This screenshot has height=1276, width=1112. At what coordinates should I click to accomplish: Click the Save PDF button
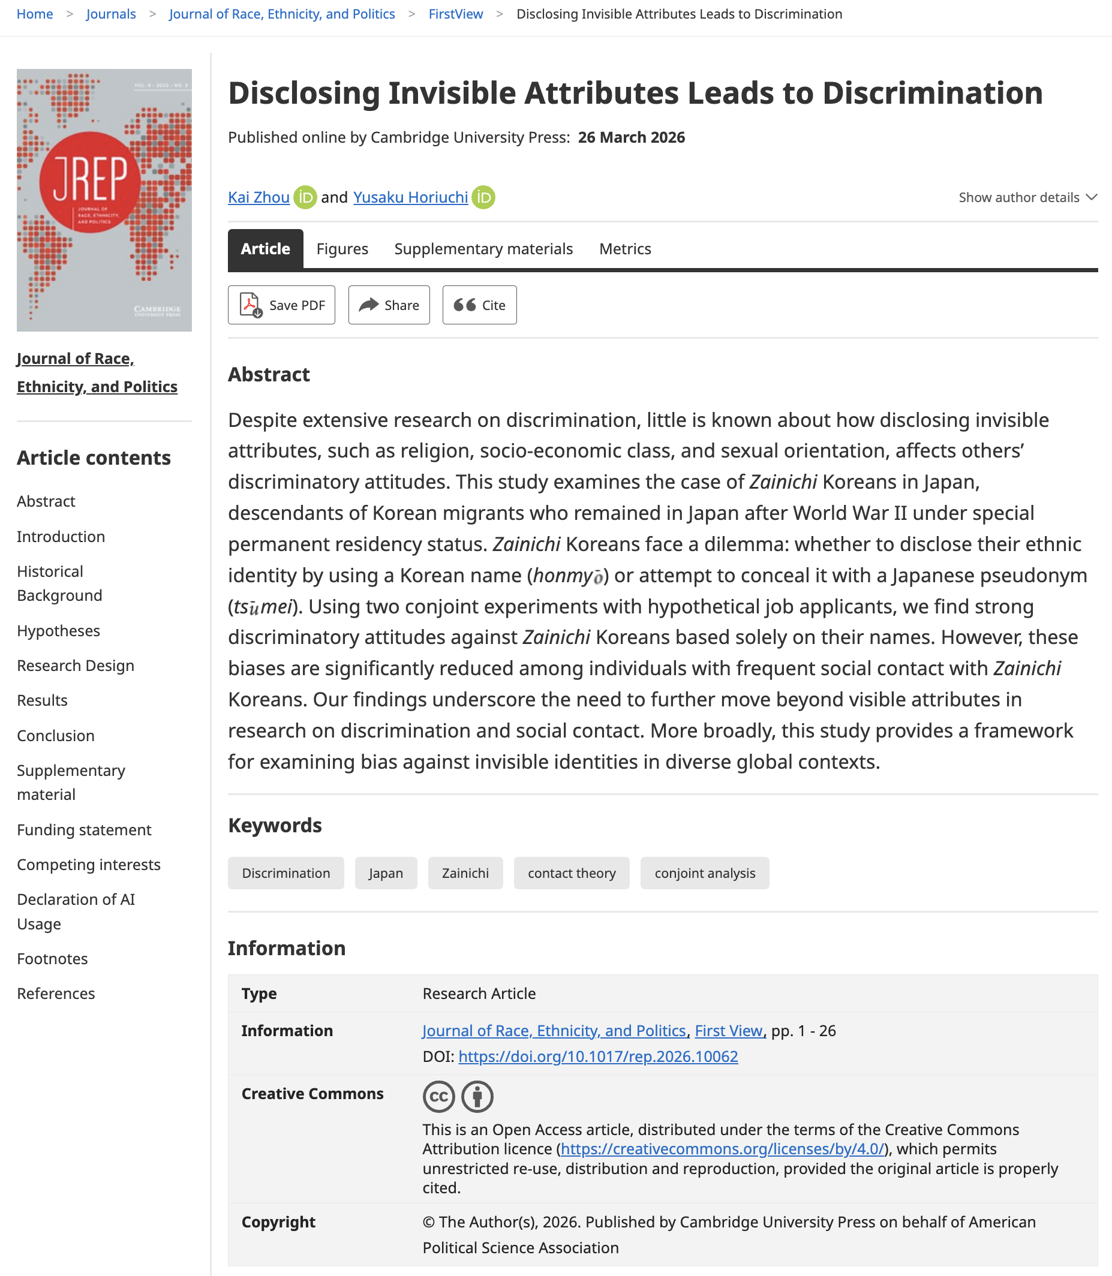coord(281,305)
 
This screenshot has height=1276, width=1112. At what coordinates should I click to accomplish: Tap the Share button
coord(389,305)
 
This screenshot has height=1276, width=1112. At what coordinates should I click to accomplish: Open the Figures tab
coord(342,249)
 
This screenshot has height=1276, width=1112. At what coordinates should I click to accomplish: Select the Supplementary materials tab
coord(483,249)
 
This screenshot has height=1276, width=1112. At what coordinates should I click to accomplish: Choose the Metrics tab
coord(625,249)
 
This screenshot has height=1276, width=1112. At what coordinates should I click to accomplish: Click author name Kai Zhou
coord(259,197)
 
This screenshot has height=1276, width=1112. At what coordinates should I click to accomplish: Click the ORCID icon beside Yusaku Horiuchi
coord(483,197)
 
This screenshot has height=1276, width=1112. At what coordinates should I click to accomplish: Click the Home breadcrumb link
coord(35,14)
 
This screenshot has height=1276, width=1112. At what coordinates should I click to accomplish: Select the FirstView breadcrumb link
coord(455,14)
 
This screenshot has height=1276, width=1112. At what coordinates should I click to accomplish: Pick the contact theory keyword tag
coord(572,873)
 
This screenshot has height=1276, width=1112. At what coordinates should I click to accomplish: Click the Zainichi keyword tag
coord(465,873)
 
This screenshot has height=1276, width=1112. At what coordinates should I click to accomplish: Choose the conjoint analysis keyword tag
coord(704,873)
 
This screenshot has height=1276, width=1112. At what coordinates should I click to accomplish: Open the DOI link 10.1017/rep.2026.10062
coord(597,1057)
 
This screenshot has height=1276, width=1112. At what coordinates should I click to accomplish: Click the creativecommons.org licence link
coord(722,1149)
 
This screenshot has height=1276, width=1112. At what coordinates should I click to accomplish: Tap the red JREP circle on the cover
coord(90,182)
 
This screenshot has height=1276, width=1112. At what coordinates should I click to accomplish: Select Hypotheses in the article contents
coord(58,630)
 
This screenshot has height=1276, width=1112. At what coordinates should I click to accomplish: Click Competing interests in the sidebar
coord(89,864)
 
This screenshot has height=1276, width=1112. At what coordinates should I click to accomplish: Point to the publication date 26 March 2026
coord(631,137)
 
